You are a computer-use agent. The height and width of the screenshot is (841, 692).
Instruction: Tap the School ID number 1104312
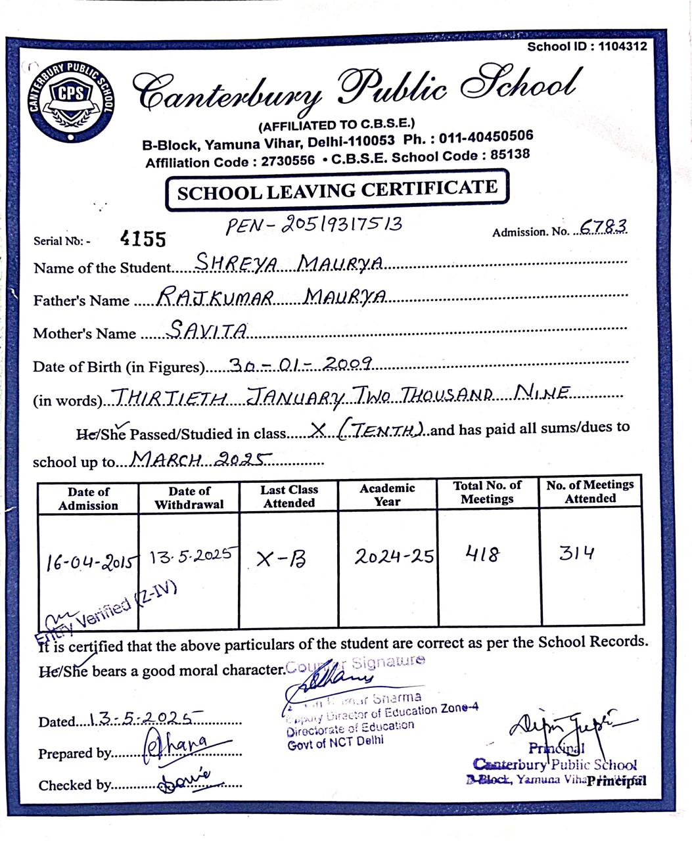(622, 47)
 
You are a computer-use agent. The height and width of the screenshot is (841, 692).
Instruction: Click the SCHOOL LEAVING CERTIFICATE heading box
(336, 191)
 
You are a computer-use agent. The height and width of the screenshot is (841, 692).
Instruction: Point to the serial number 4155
(143, 239)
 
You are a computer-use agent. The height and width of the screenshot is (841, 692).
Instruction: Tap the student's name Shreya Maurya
(290, 263)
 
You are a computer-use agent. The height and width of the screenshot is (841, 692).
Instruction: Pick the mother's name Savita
(208, 329)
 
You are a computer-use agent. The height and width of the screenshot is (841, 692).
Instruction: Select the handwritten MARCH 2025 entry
(201, 459)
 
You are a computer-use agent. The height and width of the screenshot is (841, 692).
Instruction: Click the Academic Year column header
(387, 494)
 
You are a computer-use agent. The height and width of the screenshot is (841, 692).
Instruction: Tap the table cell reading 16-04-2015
(90, 562)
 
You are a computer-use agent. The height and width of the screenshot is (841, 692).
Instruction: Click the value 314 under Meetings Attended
(576, 553)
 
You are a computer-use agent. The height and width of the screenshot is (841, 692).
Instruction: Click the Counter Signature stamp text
(355, 663)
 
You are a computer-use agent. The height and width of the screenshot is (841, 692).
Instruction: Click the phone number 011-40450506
(486, 137)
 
